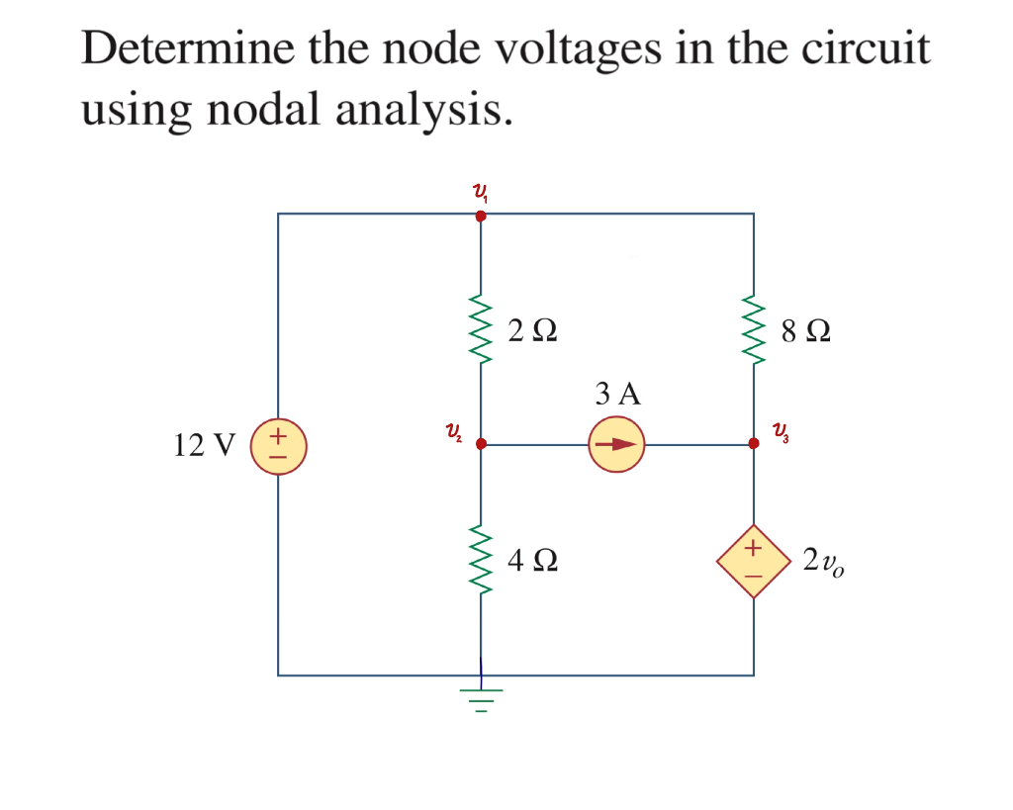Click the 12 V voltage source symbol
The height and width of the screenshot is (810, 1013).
[x=279, y=445]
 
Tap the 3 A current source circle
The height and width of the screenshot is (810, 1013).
[x=616, y=445]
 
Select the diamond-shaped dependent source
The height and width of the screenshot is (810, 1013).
[x=754, y=561]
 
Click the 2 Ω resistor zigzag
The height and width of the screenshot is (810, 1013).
[x=481, y=328]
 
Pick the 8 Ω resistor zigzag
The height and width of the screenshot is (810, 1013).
[x=754, y=328]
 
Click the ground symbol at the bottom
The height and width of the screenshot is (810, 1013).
[x=481, y=697]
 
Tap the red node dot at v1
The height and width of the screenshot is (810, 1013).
[x=481, y=214]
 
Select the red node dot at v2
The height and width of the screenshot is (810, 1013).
[x=481, y=445]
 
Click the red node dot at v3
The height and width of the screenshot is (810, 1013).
[x=754, y=445]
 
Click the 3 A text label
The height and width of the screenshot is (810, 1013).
[x=618, y=395]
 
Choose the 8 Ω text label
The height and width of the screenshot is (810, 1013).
[x=805, y=330]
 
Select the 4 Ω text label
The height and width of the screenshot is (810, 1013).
[x=532, y=562]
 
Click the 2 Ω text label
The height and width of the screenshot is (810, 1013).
[x=532, y=330]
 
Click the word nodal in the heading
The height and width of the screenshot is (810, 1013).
[x=266, y=110]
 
